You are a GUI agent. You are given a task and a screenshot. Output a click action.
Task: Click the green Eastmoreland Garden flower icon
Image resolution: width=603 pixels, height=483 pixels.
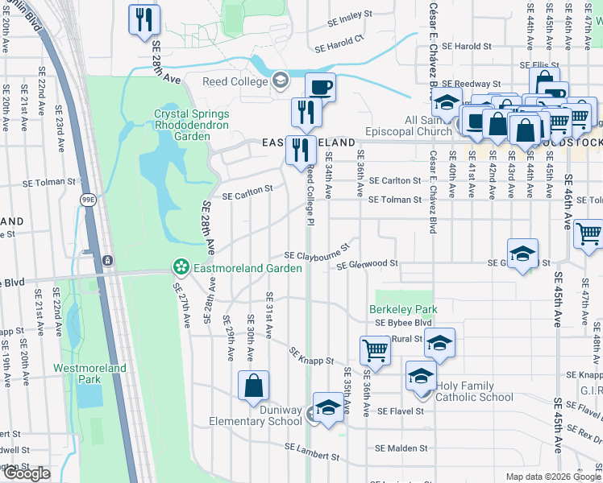(x=181, y=266)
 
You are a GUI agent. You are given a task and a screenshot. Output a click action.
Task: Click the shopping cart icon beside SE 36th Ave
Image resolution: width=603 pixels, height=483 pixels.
(x=375, y=349)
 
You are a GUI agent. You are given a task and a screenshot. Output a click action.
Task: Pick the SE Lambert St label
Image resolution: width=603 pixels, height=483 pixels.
(x=312, y=451)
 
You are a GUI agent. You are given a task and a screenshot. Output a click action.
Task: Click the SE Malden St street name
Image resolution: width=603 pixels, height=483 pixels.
(x=401, y=448)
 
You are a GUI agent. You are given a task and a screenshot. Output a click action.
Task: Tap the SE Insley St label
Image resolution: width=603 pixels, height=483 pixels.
(x=350, y=16)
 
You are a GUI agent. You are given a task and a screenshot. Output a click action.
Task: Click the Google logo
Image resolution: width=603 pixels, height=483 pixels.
(x=27, y=473)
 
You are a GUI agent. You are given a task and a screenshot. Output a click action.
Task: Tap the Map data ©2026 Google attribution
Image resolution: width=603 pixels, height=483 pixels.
(x=552, y=477)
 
